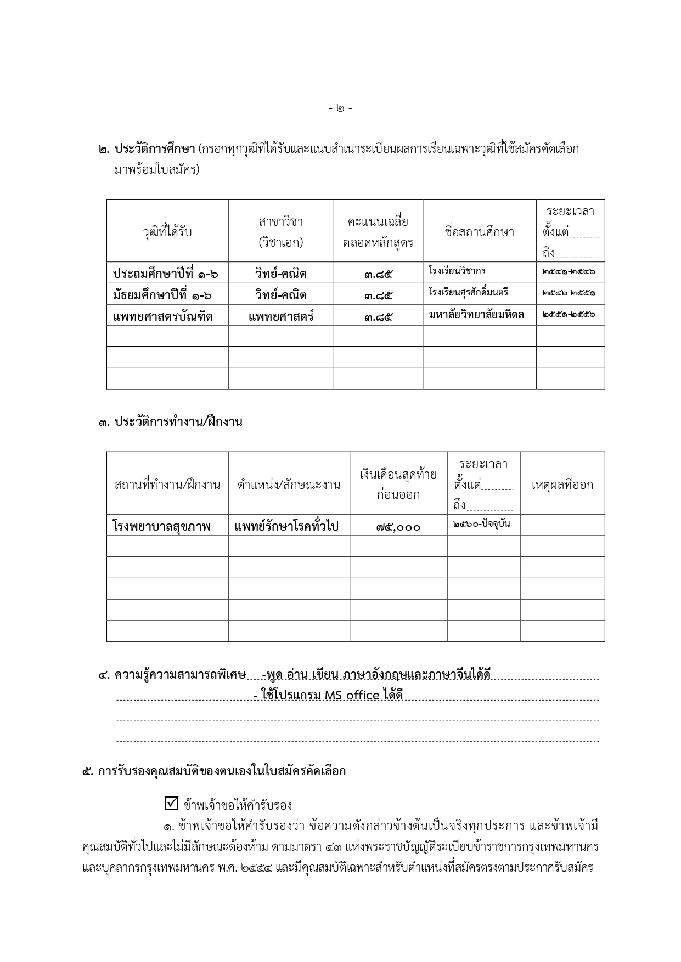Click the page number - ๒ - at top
(x=340, y=109)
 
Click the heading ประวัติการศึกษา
(x=155, y=149)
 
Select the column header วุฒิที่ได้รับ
(x=167, y=232)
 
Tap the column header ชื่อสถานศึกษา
(x=479, y=232)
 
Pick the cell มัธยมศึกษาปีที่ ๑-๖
(x=162, y=295)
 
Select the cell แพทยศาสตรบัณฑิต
(x=162, y=316)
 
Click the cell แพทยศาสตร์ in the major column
(x=281, y=316)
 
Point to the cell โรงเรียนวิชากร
(x=457, y=271)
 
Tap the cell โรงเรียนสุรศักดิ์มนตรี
(x=468, y=292)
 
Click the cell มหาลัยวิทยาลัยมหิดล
(x=476, y=315)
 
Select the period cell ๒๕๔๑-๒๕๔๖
(x=569, y=271)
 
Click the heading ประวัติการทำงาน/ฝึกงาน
(x=178, y=422)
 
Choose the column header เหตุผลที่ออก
(x=562, y=485)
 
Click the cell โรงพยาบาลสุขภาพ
(x=161, y=526)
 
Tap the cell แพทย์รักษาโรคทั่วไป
(x=286, y=526)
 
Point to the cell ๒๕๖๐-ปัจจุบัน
(x=482, y=523)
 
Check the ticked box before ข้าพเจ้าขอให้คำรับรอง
(x=171, y=804)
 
